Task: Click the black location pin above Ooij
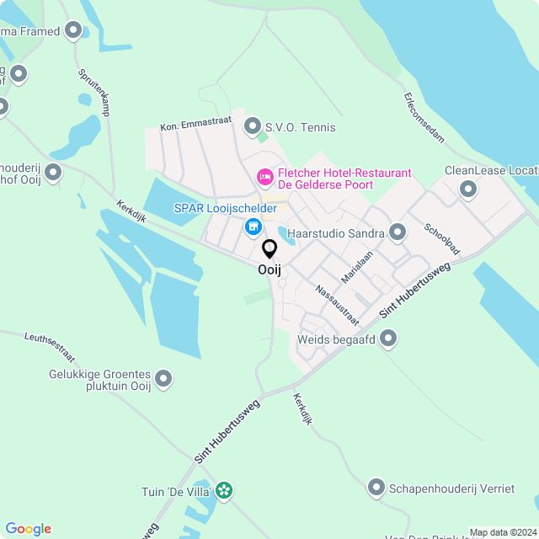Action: point(269,248)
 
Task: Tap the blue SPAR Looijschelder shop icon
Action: point(253,227)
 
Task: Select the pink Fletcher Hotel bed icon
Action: point(264,177)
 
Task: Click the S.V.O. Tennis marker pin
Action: point(252,126)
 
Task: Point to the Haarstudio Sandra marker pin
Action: point(398,232)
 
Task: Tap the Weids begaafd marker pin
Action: point(388,339)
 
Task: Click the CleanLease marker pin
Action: point(468,190)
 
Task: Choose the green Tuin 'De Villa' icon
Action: point(223,490)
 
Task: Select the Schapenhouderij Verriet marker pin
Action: point(376,487)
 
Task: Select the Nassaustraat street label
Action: point(337,306)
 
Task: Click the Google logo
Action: point(28,529)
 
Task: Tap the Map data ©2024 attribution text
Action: point(501,532)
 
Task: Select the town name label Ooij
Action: point(269,270)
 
